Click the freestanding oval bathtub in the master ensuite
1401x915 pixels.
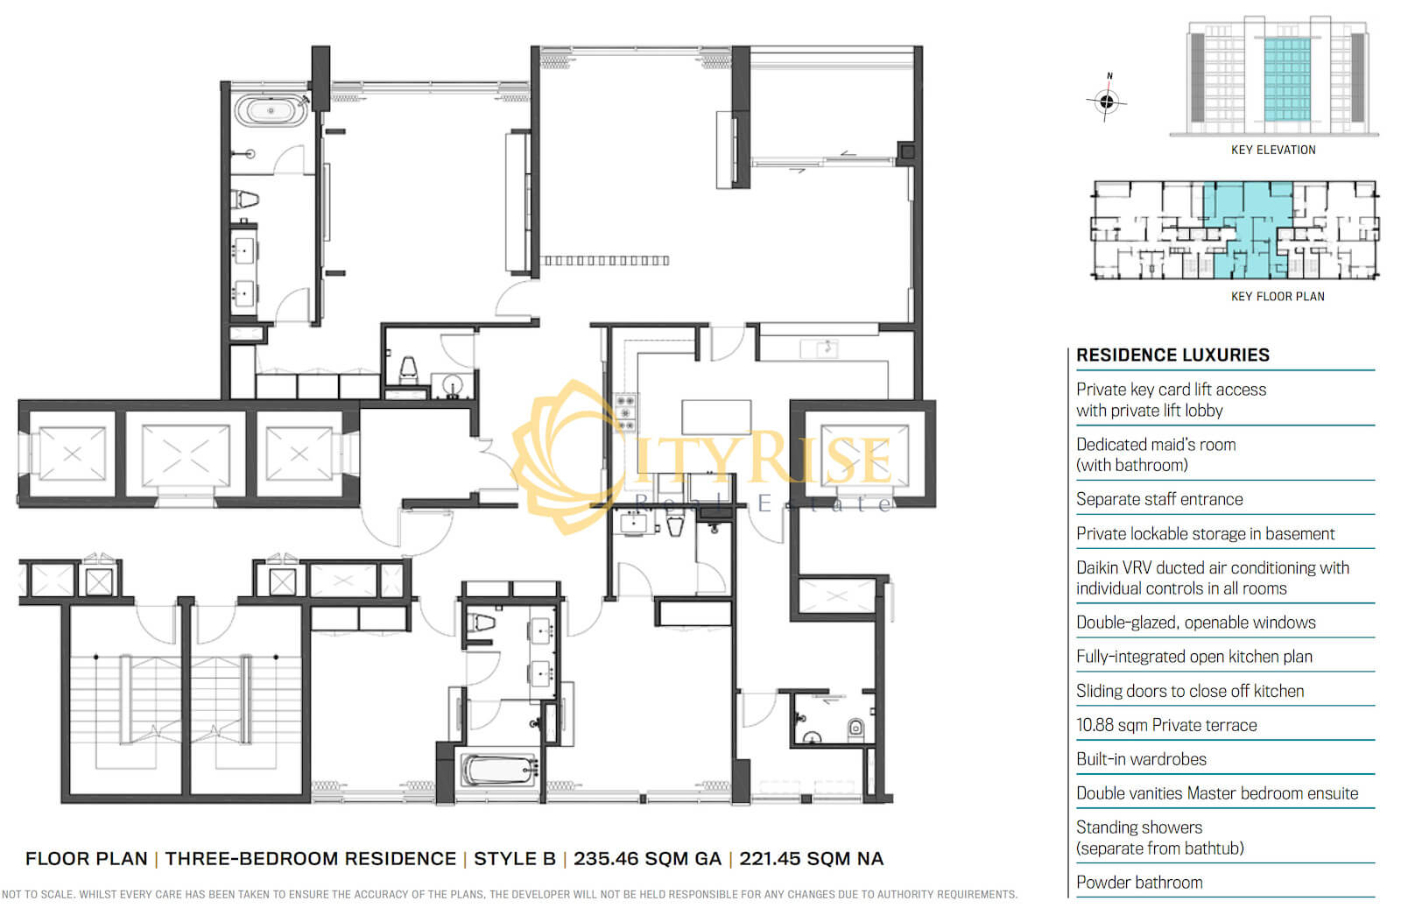tap(271, 110)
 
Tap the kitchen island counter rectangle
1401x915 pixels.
tap(716, 417)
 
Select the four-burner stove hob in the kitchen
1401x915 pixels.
tap(625, 412)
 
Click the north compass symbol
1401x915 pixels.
tap(1107, 100)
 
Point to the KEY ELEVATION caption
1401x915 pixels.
tap(1273, 150)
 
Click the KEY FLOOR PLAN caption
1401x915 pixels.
tap(1278, 297)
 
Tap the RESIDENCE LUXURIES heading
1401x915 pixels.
tap(1172, 355)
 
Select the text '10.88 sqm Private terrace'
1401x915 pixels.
tap(1166, 725)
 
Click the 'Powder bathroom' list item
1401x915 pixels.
tap(1139, 883)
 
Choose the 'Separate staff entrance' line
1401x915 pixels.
tap(1159, 499)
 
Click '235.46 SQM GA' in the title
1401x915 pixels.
tap(647, 859)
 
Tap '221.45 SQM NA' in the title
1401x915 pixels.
tap(811, 859)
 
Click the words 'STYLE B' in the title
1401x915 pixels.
tap(515, 859)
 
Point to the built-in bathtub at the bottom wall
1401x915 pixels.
tap(498, 770)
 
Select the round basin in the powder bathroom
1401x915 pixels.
tap(452, 385)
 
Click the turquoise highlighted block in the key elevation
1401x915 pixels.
tap(1287, 80)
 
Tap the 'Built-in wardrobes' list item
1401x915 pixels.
tap(1141, 759)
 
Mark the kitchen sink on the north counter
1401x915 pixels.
tap(819, 349)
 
